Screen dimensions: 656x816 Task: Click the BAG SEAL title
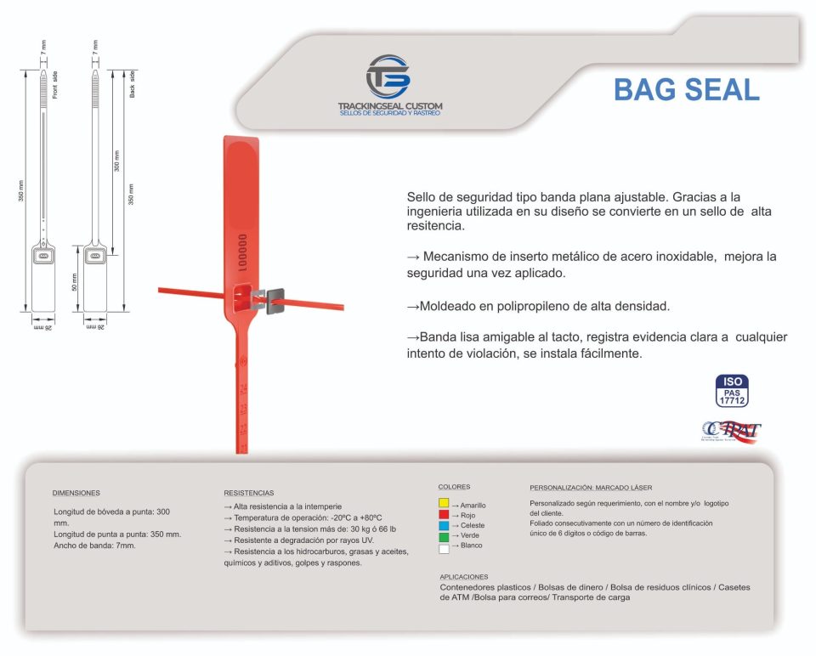(686, 89)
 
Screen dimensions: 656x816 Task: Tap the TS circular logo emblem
(388, 77)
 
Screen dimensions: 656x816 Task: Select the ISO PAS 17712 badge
(733, 390)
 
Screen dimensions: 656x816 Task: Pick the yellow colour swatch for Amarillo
(444, 505)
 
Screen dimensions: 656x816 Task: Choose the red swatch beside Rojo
(444, 515)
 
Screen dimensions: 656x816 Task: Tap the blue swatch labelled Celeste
(444, 525)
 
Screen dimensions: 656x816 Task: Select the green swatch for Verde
(444, 535)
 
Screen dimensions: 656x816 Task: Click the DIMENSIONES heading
(76, 493)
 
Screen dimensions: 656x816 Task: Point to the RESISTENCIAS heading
(248, 493)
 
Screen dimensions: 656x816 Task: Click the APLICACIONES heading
(464, 576)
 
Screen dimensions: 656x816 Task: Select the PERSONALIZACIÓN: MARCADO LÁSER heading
(591, 488)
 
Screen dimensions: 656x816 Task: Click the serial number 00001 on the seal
(242, 252)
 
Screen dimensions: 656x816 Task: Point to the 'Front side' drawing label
(54, 86)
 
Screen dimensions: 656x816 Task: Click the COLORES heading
(454, 487)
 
